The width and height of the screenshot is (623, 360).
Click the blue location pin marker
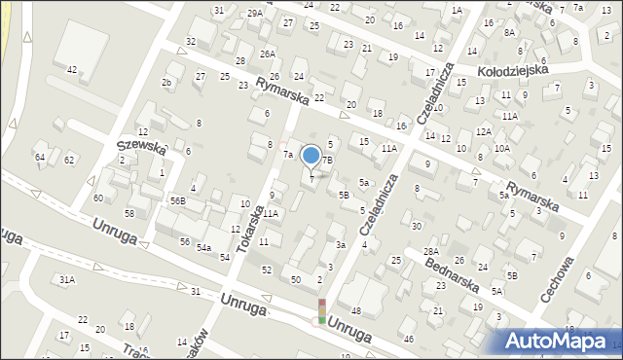pos(311,156)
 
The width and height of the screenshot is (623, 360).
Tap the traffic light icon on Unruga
pos(321,311)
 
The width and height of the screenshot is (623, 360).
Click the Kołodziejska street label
pos(513,71)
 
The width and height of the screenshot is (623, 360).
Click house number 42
pos(72,70)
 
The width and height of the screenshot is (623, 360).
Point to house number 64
pos(40,157)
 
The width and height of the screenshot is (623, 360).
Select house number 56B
pos(177,200)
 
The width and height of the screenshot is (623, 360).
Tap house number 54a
pos(203,249)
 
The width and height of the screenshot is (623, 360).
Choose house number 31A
pos(66,279)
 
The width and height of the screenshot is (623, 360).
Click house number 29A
pos(254,13)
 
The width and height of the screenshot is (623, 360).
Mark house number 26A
pos(268,54)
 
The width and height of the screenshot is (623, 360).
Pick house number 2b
pos(166,83)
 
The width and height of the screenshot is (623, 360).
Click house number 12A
pos(483,131)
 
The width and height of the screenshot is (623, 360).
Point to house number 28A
pos(430,252)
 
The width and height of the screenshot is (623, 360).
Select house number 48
pos(355,310)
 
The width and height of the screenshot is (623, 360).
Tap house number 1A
pos(457,10)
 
